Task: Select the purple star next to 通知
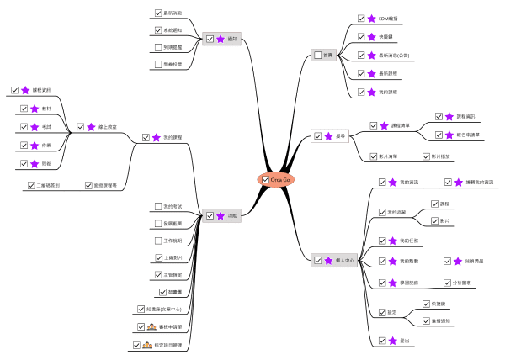220,38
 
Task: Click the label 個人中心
346,261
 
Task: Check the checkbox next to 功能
210,216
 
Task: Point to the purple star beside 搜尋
329,135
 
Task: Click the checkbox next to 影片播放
426,156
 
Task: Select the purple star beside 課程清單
383,125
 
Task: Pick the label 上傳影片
176,257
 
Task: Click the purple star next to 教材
35,109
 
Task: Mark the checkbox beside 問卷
23,164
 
